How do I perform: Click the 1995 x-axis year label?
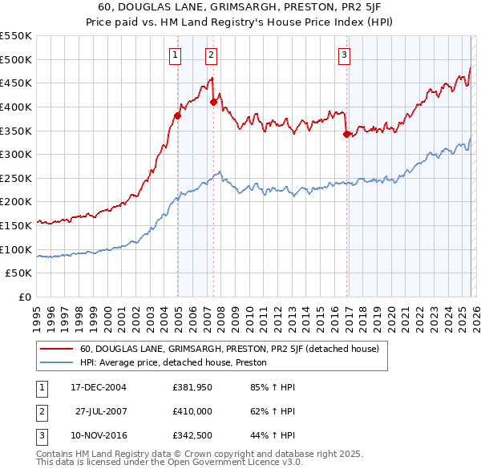point(37,311)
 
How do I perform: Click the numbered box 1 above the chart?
point(175,55)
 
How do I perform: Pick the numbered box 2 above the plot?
point(211,55)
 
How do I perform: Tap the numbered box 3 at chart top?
point(344,55)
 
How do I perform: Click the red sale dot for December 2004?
point(177,115)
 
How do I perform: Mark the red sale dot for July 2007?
point(214,102)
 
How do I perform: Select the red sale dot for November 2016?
point(346,134)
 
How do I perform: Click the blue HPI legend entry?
point(172,362)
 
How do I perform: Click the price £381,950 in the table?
point(192,387)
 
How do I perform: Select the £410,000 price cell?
point(192,411)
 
